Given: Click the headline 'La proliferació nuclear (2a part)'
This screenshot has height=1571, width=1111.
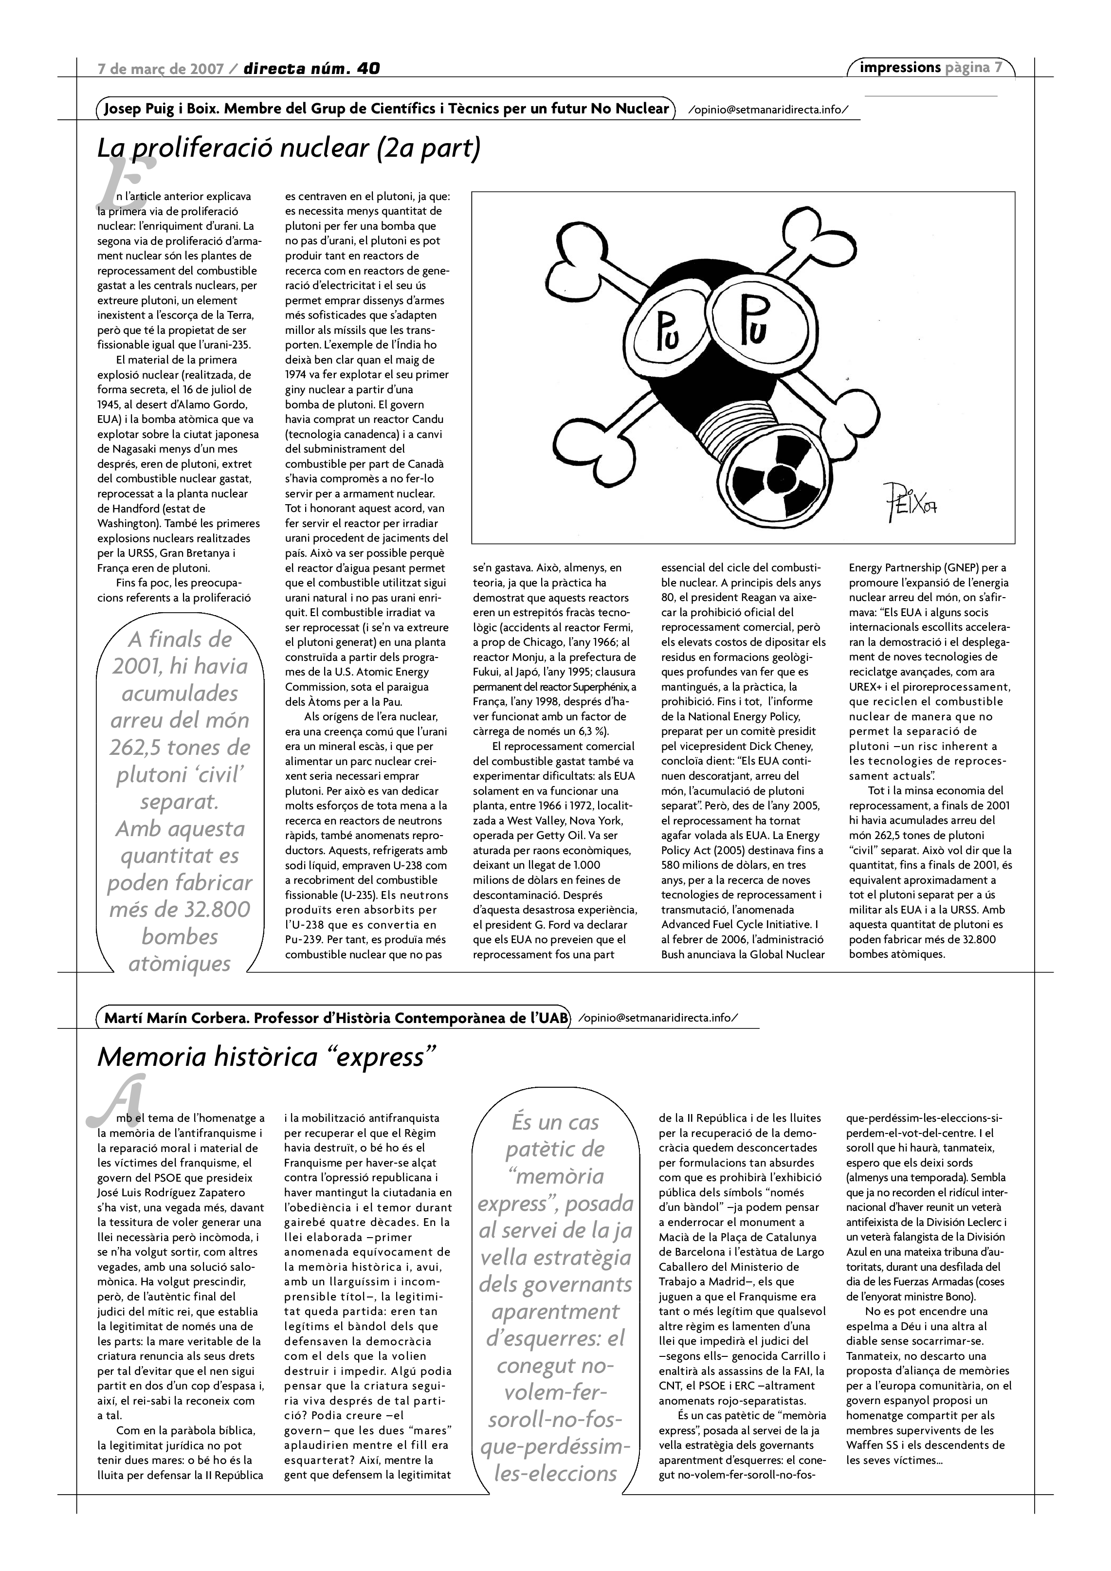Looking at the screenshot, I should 289,148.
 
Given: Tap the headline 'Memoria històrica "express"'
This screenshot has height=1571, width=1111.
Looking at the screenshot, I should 267,1057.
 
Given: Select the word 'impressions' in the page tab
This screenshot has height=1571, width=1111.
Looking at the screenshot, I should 900,68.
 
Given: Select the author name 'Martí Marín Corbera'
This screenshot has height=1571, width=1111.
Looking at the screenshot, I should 177,1018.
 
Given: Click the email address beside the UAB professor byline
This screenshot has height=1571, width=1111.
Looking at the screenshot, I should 658,1018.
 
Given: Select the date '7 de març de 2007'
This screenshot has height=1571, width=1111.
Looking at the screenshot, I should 162,69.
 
